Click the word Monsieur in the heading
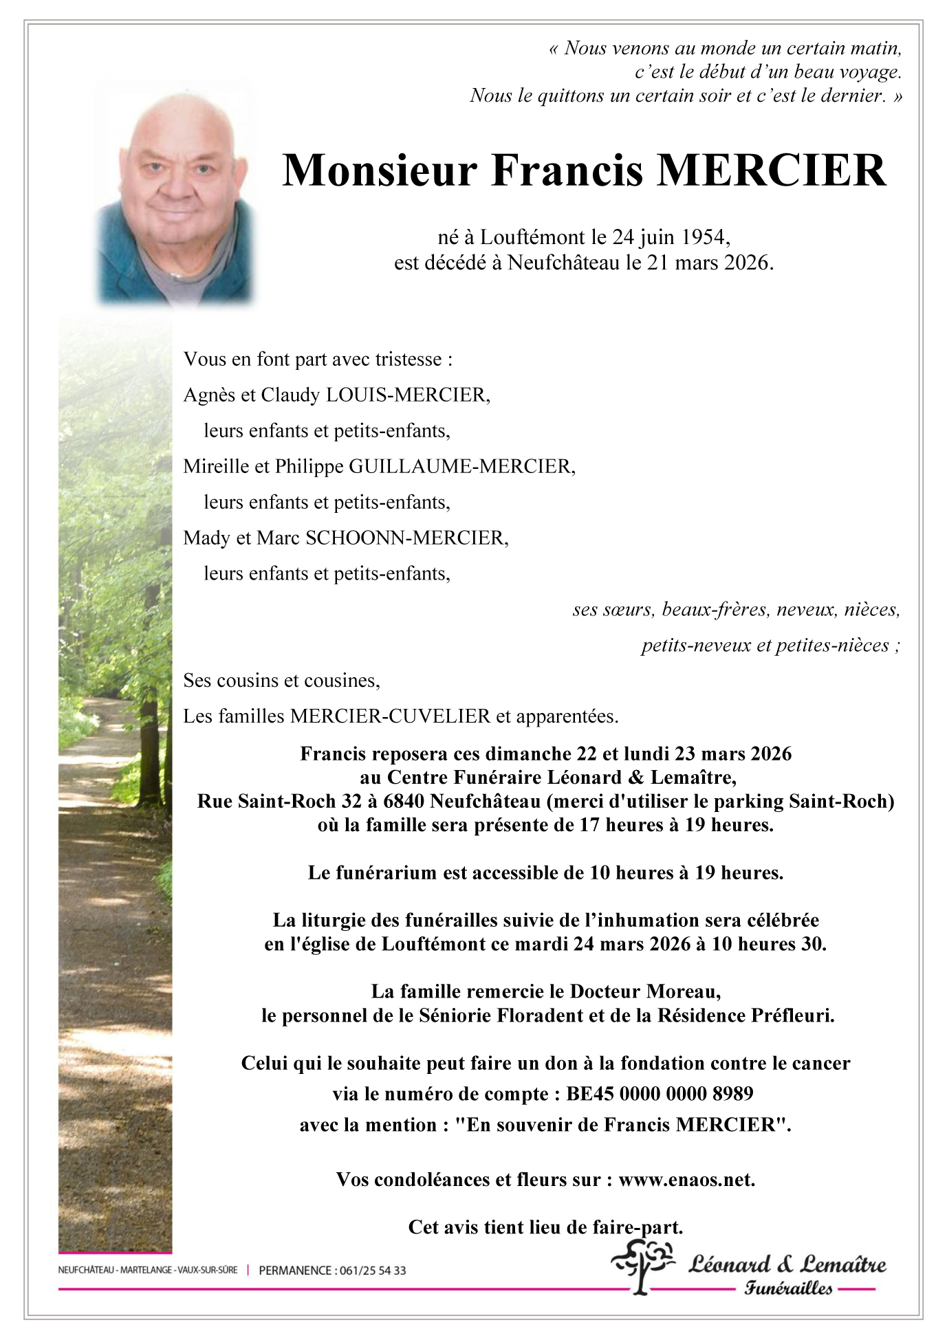tap(380, 171)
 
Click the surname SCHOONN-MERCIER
tap(406, 538)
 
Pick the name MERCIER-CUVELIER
tap(390, 716)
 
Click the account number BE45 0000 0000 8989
tap(660, 1094)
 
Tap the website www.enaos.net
tap(686, 1180)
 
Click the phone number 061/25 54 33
tap(372, 1271)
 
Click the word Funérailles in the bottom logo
tap(788, 1288)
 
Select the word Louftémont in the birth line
tap(532, 237)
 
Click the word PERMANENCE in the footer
tap(295, 1271)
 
